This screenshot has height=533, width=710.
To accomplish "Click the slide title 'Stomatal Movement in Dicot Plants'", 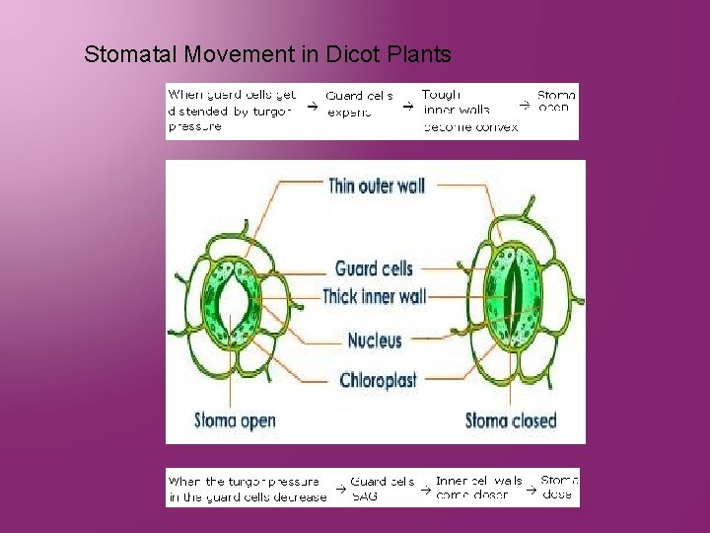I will pyautogui.click(x=267, y=53).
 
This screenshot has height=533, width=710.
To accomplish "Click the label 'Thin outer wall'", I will pyautogui.click(x=376, y=186).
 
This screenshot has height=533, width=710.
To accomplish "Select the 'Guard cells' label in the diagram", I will pyautogui.click(x=374, y=268).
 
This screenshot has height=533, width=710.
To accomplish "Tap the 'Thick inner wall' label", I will pyautogui.click(x=374, y=296).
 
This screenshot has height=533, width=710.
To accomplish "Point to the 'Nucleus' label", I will pyautogui.click(x=375, y=341).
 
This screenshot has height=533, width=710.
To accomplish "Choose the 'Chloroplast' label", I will pyautogui.click(x=378, y=380).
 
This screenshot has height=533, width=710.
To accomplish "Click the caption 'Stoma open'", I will pyautogui.click(x=235, y=420).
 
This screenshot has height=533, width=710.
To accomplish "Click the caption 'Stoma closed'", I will pyautogui.click(x=510, y=420).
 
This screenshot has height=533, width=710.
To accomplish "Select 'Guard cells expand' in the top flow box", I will pyautogui.click(x=359, y=104).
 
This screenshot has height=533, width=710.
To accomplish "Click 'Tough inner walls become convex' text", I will pyautogui.click(x=469, y=111).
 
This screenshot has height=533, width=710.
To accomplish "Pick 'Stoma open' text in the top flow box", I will pyautogui.click(x=556, y=102).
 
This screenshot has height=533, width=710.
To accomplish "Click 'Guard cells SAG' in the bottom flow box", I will pyautogui.click(x=383, y=489).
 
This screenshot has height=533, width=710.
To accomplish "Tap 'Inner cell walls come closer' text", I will pyautogui.click(x=479, y=489).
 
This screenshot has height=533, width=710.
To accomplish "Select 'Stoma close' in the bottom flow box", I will pyautogui.click(x=559, y=488).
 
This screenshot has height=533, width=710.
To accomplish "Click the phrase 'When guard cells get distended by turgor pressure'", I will pyautogui.click(x=232, y=111).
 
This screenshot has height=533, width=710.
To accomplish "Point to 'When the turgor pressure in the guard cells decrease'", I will pyautogui.click(x=247, y=489).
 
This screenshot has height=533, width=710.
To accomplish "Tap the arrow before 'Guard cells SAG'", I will pyautogui.click(x=338, y=490).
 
